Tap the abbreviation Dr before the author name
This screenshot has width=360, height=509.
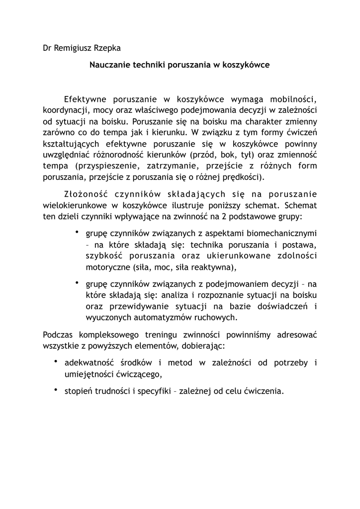coord(48,49)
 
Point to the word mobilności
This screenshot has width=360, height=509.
coord(295,98)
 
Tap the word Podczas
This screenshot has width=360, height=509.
coord(58,335)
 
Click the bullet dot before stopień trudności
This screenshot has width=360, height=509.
coord(57,390)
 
